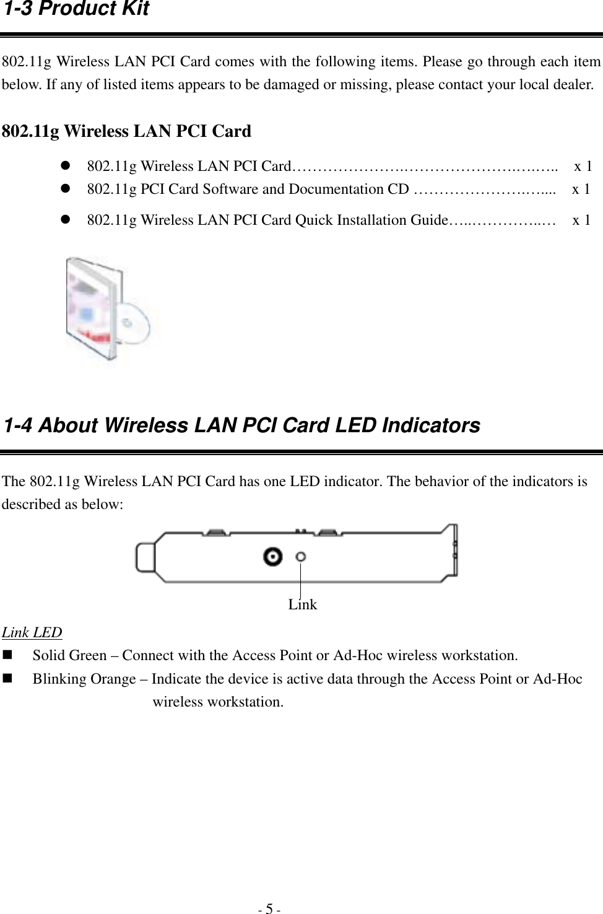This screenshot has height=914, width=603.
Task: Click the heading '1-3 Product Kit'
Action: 76,9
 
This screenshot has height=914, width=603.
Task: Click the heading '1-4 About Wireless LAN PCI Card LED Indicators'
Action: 241,425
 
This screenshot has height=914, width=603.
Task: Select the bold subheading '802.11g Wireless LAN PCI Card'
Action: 127,131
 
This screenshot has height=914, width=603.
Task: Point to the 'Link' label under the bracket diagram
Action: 302,604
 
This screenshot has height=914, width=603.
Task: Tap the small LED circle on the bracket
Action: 301,557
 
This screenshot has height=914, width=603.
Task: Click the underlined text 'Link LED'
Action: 32,632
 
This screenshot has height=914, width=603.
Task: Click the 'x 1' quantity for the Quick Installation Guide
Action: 581,219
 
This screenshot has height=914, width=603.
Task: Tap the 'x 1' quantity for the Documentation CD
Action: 581,189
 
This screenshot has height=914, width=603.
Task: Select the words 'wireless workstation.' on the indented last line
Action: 219,702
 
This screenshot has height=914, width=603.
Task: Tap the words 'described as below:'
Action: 63,504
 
